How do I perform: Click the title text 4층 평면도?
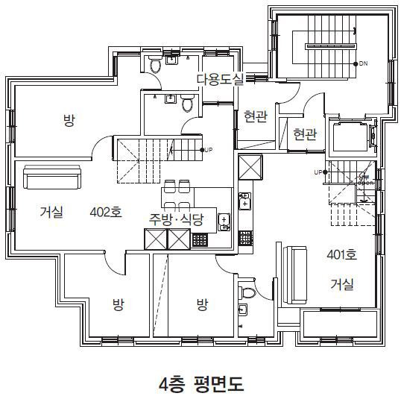tap(201, 383)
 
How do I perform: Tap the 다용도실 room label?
tap(220, 79)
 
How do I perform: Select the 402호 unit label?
tap(106, 212)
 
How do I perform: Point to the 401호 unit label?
tap(341, 254)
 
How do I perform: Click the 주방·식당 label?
tap(176, 219)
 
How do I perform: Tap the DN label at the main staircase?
tap(363, 63)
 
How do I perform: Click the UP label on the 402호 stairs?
tap(209, 150)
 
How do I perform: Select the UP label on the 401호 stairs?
tap(318, 172)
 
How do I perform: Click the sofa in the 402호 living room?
tap(52, 177)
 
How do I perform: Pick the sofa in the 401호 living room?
tap(295, 275)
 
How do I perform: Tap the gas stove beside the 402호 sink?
tap(200, 240)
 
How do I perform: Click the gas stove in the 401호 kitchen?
tap(245, 238)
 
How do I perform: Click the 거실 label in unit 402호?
tap(51, 212)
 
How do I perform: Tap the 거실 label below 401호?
tap(342, 284)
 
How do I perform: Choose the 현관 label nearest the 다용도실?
tap(256, 116)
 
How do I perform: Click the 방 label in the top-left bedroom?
tap(69, 120)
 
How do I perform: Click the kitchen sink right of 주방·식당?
tap(224, 222)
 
